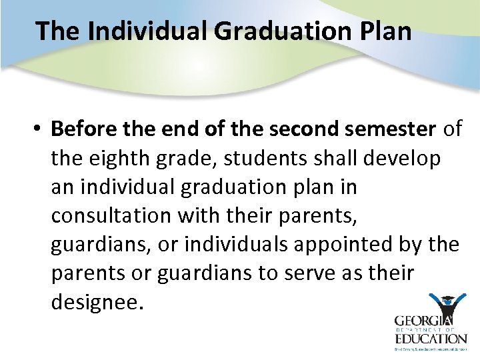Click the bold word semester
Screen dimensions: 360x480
[x=399, y=129]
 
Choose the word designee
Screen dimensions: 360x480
[x=97, y=303]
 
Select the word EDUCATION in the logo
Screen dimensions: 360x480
[x=430, y=338]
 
